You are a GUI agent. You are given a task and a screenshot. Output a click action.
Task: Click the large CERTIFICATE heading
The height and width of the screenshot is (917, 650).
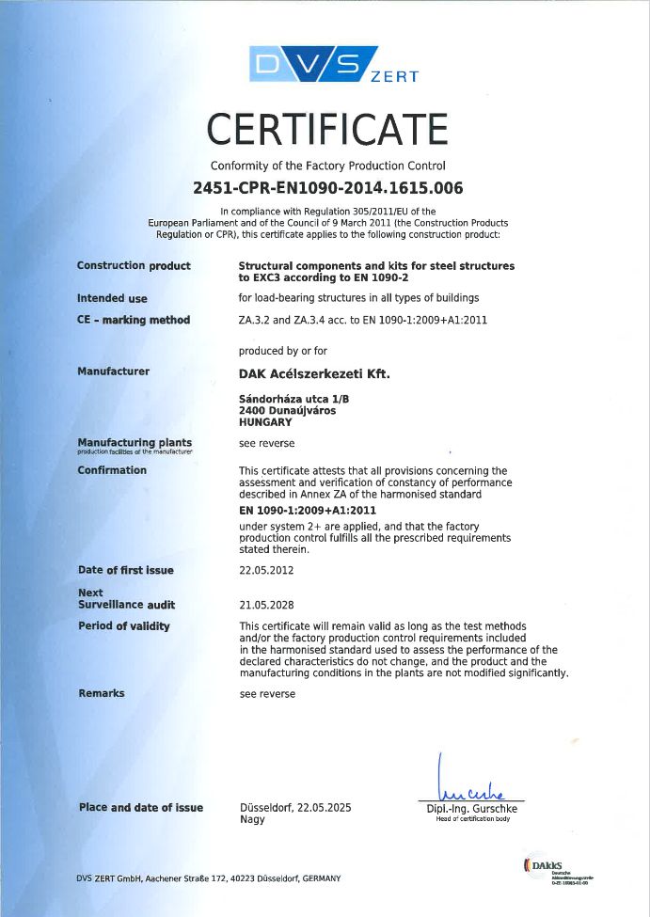tap(327, 129)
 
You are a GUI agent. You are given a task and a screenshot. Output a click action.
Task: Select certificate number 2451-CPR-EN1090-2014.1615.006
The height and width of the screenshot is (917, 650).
tap(327, 187)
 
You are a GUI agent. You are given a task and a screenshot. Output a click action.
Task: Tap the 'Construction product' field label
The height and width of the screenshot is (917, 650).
tap(134, 266)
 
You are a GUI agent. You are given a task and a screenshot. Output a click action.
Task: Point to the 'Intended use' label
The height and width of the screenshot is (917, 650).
tap(112, 298)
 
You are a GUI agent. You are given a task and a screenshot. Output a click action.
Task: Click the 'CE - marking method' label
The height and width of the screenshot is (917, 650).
tap(134, 320)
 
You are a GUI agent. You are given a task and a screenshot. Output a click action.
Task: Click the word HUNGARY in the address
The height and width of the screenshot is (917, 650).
tap(267, 422)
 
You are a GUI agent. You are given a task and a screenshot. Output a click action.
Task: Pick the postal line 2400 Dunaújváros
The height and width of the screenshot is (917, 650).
tap(288, 411)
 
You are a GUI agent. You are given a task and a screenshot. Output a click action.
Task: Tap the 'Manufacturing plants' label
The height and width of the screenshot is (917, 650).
tap(135, 442)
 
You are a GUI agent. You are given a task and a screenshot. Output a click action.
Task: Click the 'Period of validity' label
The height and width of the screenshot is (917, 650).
tap(124, 626)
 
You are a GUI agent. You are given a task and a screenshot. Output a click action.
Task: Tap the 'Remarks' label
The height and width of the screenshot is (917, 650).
tap(102, 693)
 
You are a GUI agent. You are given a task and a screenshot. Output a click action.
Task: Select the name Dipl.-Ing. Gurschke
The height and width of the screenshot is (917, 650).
tap(467, 809)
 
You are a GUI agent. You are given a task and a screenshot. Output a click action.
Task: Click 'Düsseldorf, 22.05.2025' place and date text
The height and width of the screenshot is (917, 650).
tap(296, 807)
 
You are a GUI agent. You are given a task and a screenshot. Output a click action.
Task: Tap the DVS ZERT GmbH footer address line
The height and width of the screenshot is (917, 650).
tap(209, 877)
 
